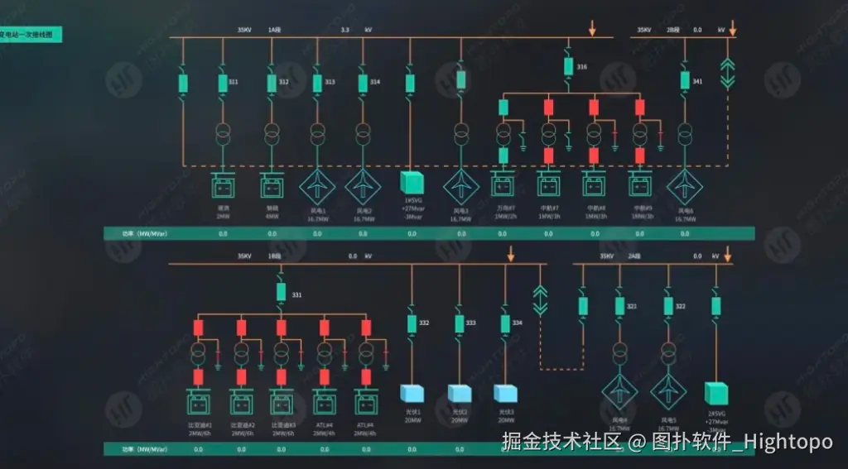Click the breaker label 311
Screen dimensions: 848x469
[x=234, y=82]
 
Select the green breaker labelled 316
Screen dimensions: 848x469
[x=569, y=65]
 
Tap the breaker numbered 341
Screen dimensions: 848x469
[x=685, y=80]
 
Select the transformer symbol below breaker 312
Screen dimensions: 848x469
[x=272, y=132]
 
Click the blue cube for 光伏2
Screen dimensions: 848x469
[x=458, y=393]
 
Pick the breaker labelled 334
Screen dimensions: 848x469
[x=504, y=322]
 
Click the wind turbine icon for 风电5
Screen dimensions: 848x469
[x=667, y=389]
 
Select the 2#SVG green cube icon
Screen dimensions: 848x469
[x=715, y=391]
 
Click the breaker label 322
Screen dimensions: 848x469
[x=681, y=306]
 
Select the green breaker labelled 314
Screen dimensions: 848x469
[x=363, y=83]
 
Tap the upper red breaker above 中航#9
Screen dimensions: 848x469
[x=639, y=107]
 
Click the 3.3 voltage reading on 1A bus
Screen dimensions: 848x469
[x=345, y=30]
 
